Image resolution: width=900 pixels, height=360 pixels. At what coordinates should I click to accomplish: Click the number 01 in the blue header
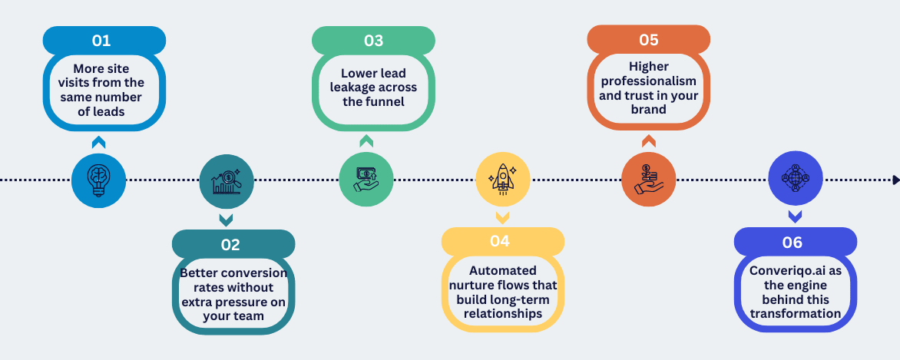(x=101, y=41)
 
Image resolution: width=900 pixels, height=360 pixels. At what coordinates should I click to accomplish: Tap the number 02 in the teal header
(x=230, y=245)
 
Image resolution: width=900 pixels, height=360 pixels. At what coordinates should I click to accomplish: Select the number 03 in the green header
(x=374, y=40)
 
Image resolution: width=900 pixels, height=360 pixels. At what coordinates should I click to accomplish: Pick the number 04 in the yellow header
(x=500, y=240)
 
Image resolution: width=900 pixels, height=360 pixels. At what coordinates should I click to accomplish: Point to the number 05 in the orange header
(x=649, y=40)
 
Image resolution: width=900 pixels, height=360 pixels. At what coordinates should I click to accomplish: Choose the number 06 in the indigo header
(x=792, y=243)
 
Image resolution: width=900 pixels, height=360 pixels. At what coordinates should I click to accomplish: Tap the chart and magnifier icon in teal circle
(x=227, y=181)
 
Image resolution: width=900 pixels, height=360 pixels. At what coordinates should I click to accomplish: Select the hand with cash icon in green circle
(x=366, y=179)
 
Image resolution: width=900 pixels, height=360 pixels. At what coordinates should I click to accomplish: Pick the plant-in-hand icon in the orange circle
(x=649, y=179)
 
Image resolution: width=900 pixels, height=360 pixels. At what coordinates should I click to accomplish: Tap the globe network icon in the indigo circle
(x=795, y=178)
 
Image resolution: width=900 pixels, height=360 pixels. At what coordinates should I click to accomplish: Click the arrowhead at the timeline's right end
(x=896, y=180)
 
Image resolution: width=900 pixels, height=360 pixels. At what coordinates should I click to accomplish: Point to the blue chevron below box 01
(x=99, y=142)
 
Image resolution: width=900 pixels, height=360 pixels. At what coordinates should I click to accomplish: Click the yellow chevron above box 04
(x=502, y=217)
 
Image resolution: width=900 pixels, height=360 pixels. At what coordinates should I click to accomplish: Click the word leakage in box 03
(x=352, y=88)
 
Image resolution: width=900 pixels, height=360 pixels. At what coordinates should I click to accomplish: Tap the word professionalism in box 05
(x=649, y=81)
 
